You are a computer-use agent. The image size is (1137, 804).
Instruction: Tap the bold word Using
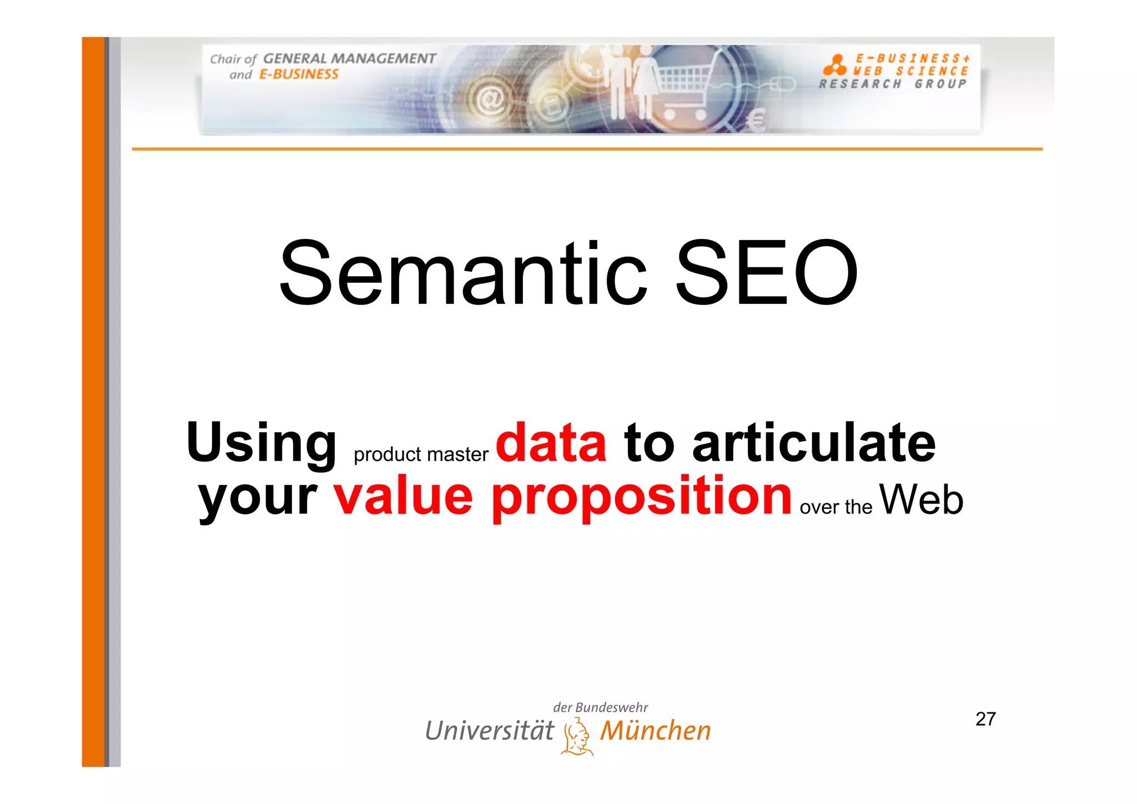pos(261,443)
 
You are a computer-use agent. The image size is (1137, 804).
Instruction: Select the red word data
pos(551,443)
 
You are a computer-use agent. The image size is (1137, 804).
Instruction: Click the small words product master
pos(421,455)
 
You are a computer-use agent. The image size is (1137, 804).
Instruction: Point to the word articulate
pos(814,443)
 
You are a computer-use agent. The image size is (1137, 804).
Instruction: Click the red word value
pos(403,496)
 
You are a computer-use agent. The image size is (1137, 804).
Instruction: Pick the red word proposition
pos(641,497)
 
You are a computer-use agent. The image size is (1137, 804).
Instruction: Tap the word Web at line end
pos(921,499)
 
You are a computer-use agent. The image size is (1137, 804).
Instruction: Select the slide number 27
pos(985,719)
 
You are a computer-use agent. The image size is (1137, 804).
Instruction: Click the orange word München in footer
pos(655,731)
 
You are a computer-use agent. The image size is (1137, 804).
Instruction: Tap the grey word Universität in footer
pos(489,731)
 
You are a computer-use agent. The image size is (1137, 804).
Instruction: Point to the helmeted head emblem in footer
pos(577,737)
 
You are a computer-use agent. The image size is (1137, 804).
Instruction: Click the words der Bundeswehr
pos(600,707)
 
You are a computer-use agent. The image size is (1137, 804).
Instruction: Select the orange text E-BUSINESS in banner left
pos(299,74)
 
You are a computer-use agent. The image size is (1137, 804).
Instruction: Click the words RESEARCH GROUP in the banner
pos(893,84)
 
